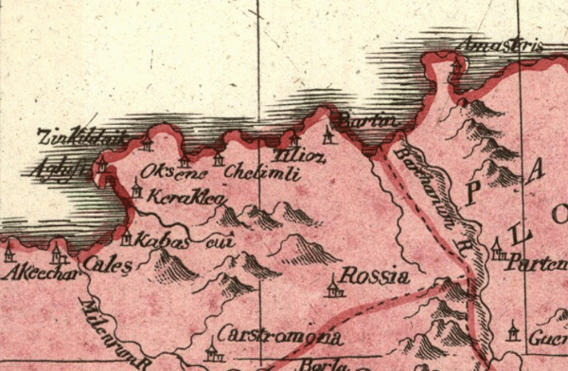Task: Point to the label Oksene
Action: coord(166,171)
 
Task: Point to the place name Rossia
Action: coord(374,276)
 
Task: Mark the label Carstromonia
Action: coord(280,336)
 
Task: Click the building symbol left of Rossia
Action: coord(332,286)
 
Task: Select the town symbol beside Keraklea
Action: coord(136,189)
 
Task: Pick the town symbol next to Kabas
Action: coord(126,237)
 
